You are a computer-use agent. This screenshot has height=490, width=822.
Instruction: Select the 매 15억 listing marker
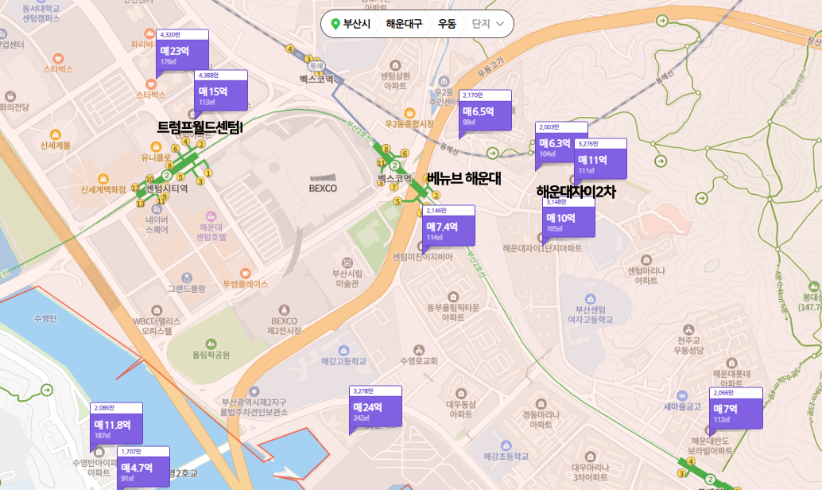pyautogui.click(x=220, y=93)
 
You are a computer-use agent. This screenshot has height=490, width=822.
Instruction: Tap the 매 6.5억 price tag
pyautogui.click(x=485, y=113)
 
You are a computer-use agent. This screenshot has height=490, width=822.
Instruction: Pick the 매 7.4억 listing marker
pyautogui.click(x=449, y=228)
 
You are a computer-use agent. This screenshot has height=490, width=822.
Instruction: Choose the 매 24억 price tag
pyautogui.click(x=375, y=409)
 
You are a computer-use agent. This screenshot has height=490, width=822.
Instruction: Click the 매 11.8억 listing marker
pyautogui.click(x=117, y=426)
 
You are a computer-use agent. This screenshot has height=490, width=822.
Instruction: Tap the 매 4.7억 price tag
pyautogui.click(x=143, y=470)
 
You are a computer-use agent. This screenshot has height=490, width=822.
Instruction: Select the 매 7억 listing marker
pyautogui.click(x=735, y=410)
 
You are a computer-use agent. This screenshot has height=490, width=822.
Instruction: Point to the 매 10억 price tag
pyautogui.click(x=568, y=220)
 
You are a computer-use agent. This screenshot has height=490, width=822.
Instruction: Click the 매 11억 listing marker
pyautogui.click(x=600, y=161)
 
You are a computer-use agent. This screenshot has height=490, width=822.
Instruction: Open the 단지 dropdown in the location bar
pyautogui.click(x=488, y=24)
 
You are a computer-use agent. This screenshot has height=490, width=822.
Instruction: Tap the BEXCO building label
pyautogui.click(x=324, y=189)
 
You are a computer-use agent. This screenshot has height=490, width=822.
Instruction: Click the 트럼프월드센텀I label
pyautogui.click(x=200, y=126)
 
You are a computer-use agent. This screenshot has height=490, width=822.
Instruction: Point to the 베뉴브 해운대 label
pyautogui.click(x=463, y=178)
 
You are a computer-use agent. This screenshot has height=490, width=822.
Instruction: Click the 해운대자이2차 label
pyautogui.click(x=576, y=192)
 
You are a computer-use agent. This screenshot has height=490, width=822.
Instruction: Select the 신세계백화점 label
pyautogui.click(x=103, y=190)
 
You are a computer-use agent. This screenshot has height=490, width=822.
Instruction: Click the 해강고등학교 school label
pyautogui.click(x=343, y=361)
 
